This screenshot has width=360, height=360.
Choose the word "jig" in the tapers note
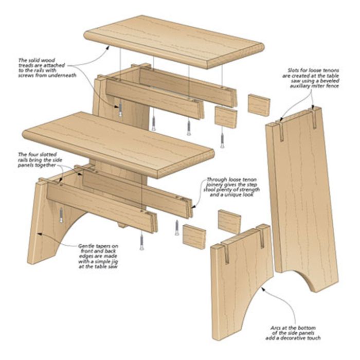[113, 261]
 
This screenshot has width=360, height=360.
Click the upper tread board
[174, 42]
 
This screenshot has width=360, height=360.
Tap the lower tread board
[118, 145]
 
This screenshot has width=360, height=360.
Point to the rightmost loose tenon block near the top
[259, 105]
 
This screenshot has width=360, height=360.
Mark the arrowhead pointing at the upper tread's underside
[107, 47]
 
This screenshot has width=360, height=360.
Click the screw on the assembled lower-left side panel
[61, 215]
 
